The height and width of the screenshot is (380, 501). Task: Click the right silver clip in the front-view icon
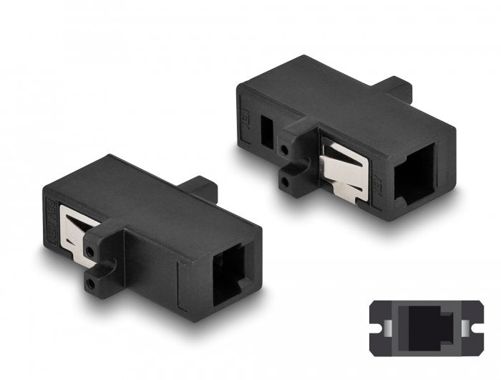click(465, 328)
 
